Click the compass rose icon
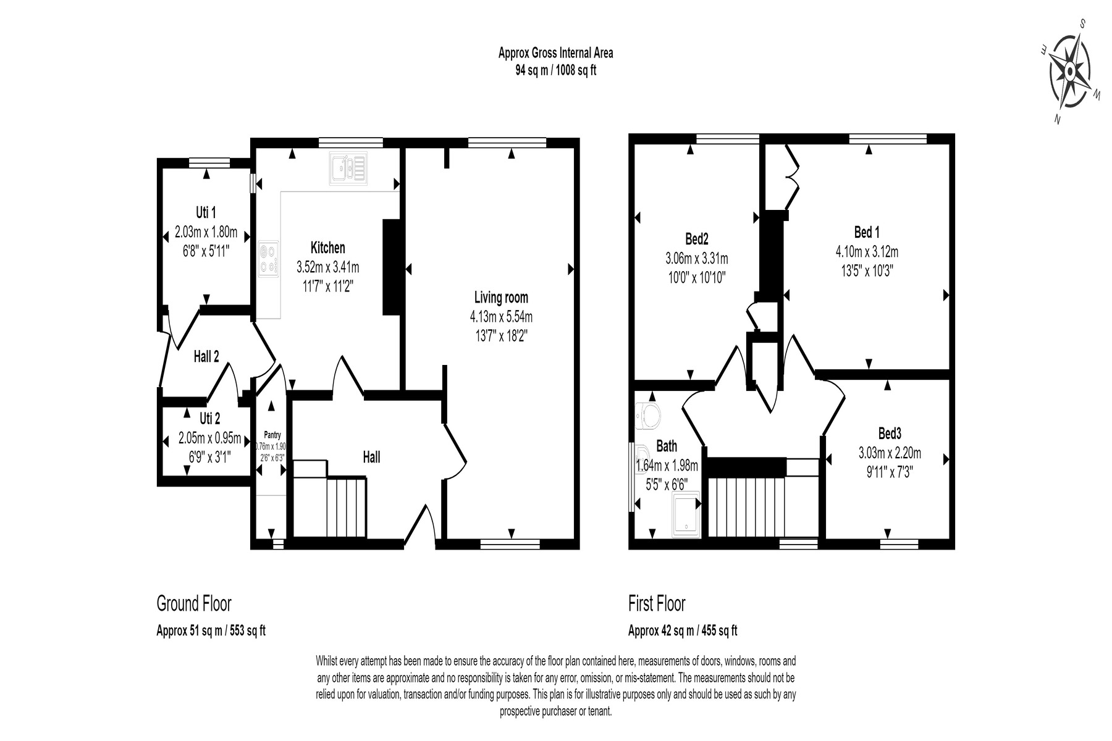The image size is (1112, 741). pos(1071,72)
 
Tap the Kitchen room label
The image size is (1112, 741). pos(327,248)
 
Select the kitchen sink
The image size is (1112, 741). pos(349,168)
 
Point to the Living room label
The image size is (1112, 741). pos(501,297)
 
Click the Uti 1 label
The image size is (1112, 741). pos(206,212)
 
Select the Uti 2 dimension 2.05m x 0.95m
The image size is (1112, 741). pos(209,438)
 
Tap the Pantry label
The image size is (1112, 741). pos(272,435)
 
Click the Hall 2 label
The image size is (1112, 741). pos(206,356)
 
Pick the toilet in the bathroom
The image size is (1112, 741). pos(647,414)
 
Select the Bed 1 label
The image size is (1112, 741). pos(867,232)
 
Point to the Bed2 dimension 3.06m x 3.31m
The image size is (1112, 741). pos(696,259)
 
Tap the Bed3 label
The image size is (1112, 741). pos(889,433)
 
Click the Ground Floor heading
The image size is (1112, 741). pos(194,603)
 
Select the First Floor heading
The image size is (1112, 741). pos(657,603)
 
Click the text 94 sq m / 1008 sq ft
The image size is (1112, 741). pos(556,70)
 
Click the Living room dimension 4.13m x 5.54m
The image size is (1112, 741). pos(501,317)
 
